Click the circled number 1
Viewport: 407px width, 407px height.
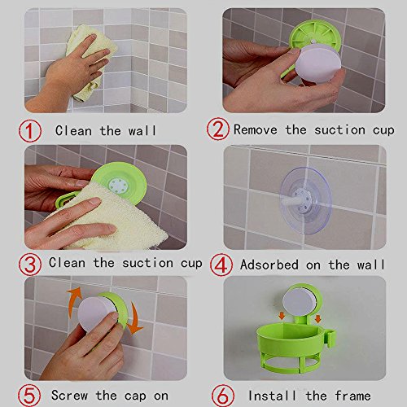click(30, 131)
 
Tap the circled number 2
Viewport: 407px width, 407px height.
click(218, 129)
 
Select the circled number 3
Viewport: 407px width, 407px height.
click(30, 264)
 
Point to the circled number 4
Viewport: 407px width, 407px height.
click(221, 265)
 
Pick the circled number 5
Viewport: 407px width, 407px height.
click(29, 396)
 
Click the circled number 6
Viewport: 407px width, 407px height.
click(223, 396)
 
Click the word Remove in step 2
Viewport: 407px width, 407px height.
click(256, 129)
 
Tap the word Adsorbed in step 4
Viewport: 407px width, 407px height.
click(269, 265)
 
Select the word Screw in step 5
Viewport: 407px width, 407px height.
click(69, 396)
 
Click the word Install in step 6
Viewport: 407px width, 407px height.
click(272, 396)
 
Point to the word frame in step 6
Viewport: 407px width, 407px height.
click(352, 396)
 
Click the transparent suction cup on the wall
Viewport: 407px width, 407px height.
click(306, 200)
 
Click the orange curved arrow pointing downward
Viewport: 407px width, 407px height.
click(135, 319)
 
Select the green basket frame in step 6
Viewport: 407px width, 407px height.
click(295, 348)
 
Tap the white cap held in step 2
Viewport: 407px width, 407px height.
click(318, 63)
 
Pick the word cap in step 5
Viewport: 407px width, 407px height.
click(135, 396)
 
